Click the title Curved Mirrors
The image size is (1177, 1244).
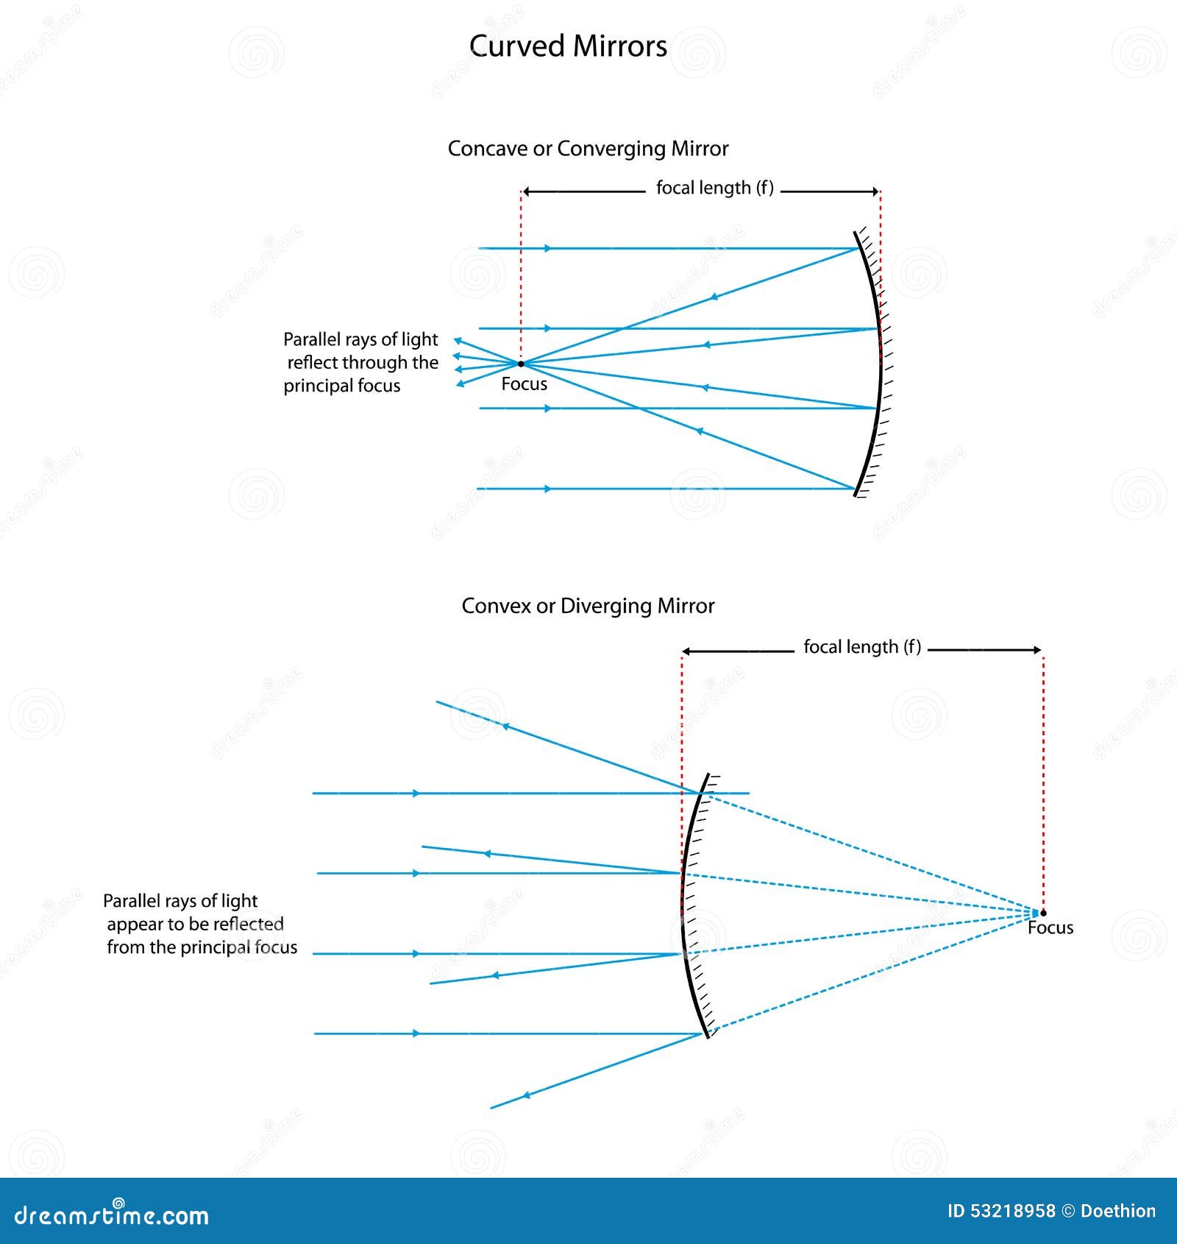pyautogui.click(x=568, y=46)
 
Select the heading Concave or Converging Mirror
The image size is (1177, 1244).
pyautogui.click(x=588, y=149)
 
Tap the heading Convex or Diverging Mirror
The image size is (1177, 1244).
pyautogui.click(x=588, y=606)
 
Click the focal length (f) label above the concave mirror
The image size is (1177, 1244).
pyautogui.click(x=714, y=188)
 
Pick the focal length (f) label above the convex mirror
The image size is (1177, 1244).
pyautogui.click(x=861, y=647)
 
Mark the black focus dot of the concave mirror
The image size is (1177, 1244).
pyautogui.click(x=521, y=364)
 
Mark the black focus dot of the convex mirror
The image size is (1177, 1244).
pyautogui.click(x=1043, y=913)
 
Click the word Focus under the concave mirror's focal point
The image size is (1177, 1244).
pyautogui.click(x=524, y=384)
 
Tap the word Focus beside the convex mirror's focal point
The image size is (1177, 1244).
pyautogui.click(x=1050, y=927)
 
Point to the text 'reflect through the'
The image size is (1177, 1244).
pyautogui.click(x=363, y=362)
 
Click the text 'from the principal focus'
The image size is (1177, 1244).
pyautogui.click(x=202, y=947)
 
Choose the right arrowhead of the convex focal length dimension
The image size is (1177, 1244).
pyautogui.click(x=1037, y=650)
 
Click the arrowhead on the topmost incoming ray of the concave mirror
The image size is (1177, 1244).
pyautogui.click(x=547, y=249)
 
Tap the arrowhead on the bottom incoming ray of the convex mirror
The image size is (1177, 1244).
pyautogui.click(x=416, y=1033)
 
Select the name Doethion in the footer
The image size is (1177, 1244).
pyautogui.click(x=1118, y=1211)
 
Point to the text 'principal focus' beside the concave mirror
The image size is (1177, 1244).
pyautogui.click(x=342, y=386)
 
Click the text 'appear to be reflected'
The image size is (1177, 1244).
pyautogui.click(x=196, y=924)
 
